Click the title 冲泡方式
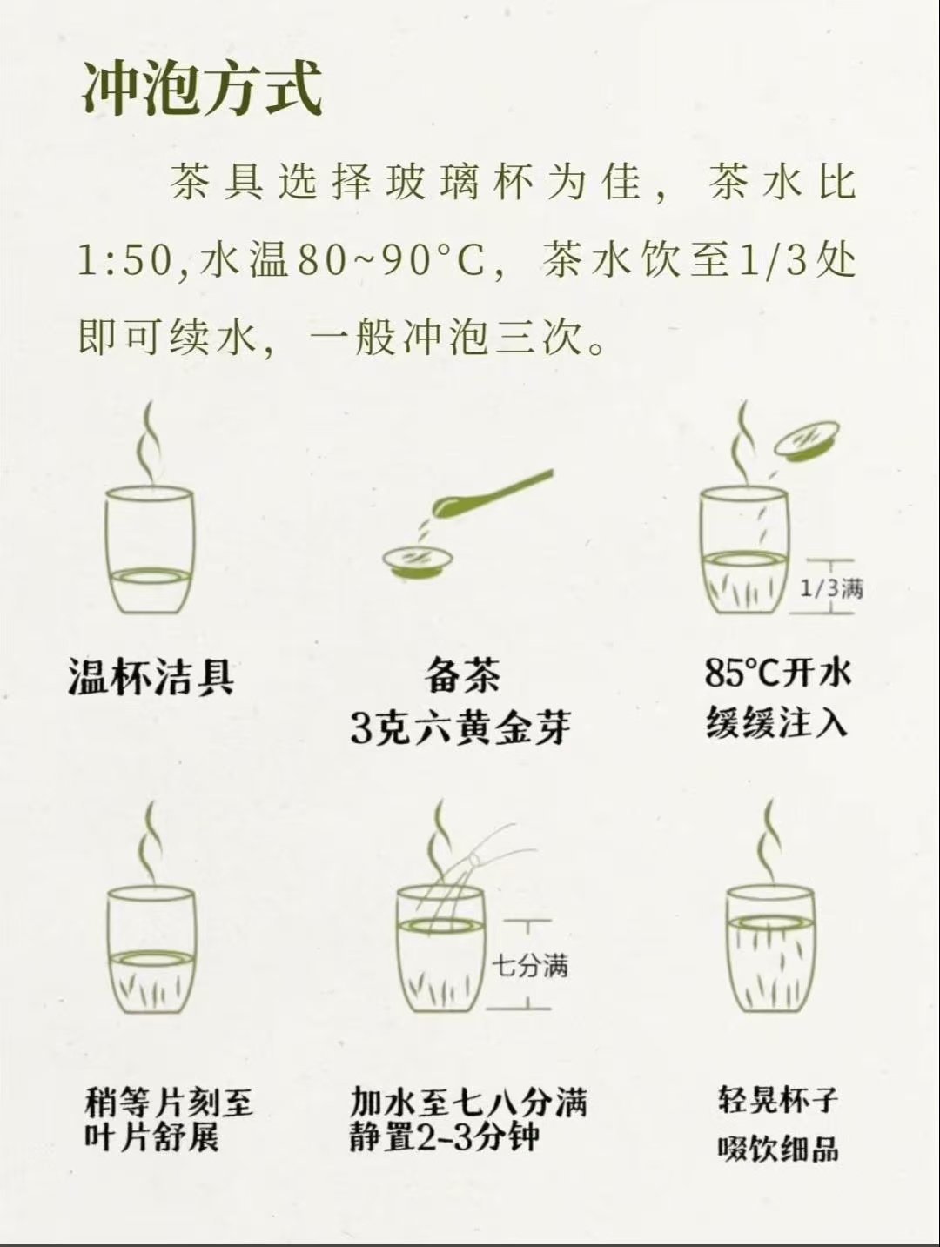202,89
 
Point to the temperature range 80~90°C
392,262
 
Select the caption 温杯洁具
151,676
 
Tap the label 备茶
462,676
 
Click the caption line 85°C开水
777,674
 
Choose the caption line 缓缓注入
777,722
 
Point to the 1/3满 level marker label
831,588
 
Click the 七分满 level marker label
529,965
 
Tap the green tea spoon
490,494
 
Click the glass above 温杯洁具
150,551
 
